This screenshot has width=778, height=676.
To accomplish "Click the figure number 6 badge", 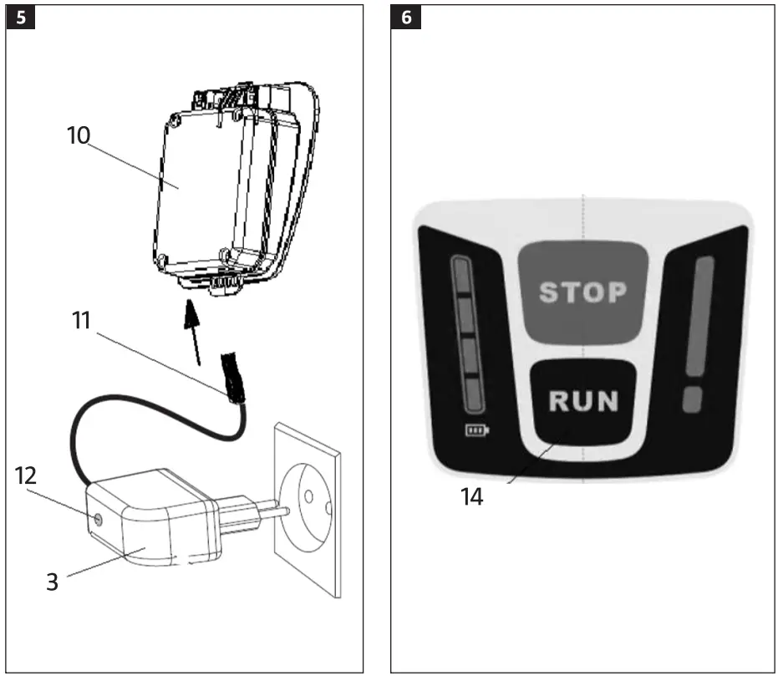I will (x=406, y=18).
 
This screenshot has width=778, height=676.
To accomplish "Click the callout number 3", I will (x=52, y=581).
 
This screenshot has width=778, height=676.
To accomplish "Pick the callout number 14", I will (x=472, y=496).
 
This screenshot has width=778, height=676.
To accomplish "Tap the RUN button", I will (x=582, y=400).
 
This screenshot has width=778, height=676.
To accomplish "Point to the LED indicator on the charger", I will (x=99, y=520).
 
